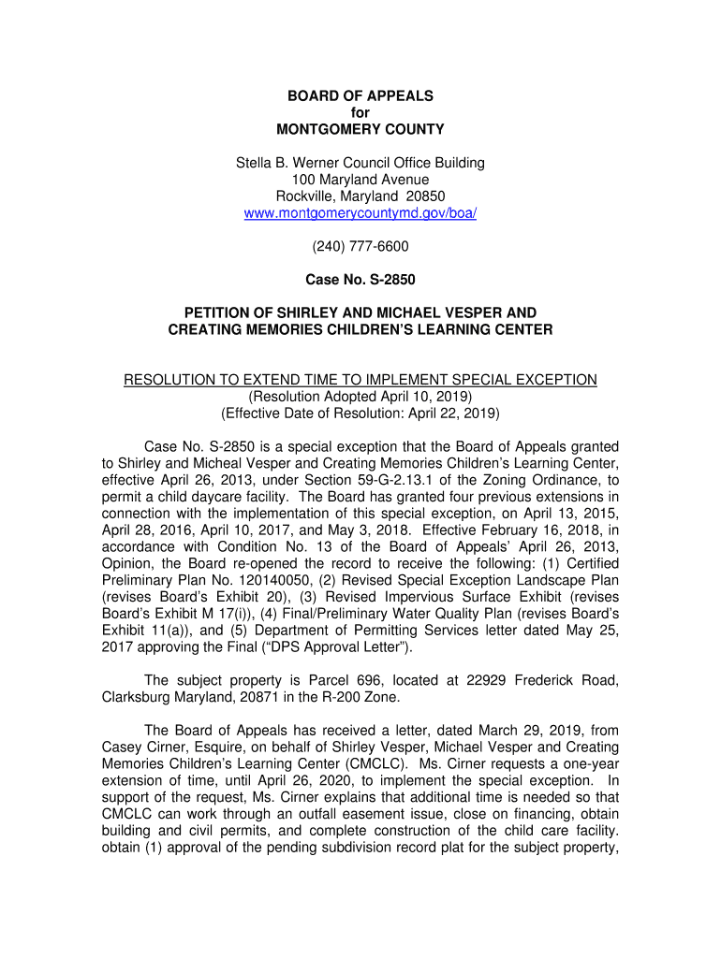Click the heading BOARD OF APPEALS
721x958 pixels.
click(360, 95)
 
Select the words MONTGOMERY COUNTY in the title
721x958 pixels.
click(360, 129)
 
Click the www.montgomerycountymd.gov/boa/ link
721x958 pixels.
click(360, 213)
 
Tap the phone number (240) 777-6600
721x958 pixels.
click(360, 247)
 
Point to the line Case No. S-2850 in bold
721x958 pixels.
click(360, 279)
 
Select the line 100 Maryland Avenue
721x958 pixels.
click(360, 180)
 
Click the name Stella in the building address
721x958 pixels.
click(253, 163)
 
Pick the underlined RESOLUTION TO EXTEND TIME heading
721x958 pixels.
click(360, 379)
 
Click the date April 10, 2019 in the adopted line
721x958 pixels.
click(418, 396)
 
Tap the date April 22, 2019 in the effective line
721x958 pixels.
click(446, 413)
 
